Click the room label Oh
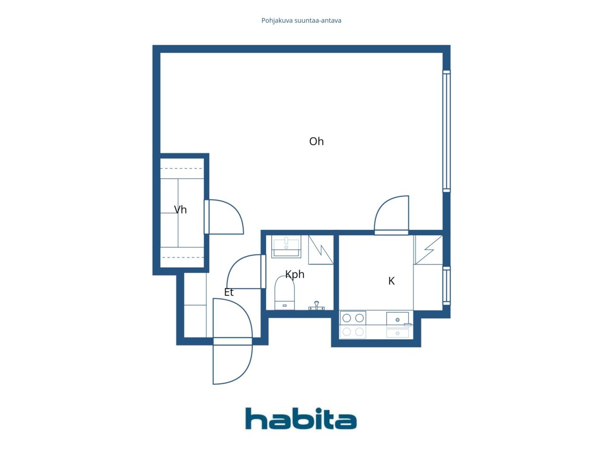pyautogui.click(x=316, y=141)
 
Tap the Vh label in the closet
pyautogui.click(x=180, y=210)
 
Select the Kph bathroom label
pyautogui.click(x=295, y=274)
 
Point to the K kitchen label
pyautogui.click(x=391, y=281)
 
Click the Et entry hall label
pyautogui.click(x=229, y=292)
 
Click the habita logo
pyautogui.click(x=301, y=418)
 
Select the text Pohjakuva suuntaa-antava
pyautogui.click(x=301, y=21)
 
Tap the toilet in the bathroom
pyautogui.click(x=285, y=293)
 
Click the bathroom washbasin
pyautogui.click(x=286, y=246)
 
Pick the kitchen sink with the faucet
pyautogui.click(x=398, y=319)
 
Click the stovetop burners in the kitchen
pyautogui.click(x=353, y=318)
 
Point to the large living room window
pyautogui.click(x=447, y=131)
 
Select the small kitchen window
pyautogui.click(x=447, y=286)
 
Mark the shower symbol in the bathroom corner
pyautogui.click(x=321, y=250)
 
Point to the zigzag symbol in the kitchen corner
pyautogui.click(x=428, y=250)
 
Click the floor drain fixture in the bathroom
pyautogui.click(x=317, y=306)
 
